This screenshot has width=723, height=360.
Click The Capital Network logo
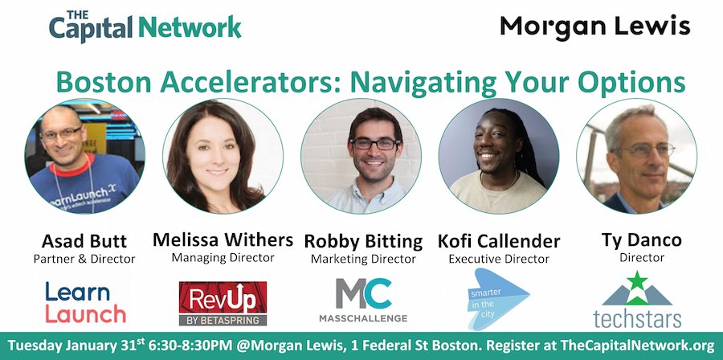tap(145, 27)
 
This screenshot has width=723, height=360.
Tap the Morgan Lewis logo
tap(594, 27)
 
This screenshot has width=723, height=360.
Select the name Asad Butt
tap(84, 241)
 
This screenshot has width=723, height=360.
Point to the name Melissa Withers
tap(223, 239)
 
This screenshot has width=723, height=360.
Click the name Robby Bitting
tap(363, 241)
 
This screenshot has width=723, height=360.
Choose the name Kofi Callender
tap(499, 241)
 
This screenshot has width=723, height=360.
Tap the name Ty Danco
tap(641, 240)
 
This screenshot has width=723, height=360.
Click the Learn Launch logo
tap(85, 303)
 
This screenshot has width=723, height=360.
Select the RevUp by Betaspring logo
tap(223, 303)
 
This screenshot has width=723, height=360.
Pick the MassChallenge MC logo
tap(363, 300)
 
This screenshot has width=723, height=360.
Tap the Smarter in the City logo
tap(498, 299)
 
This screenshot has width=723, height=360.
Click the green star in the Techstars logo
tap(638, 280)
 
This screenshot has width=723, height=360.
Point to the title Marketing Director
tap(363, 259)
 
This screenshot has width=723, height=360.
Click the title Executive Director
tap(499, 259)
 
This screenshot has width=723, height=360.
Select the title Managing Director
tap(223, 257)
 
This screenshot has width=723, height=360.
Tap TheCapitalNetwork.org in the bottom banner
tap(637, 346)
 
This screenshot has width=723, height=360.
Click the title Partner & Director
tap(84, 259)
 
